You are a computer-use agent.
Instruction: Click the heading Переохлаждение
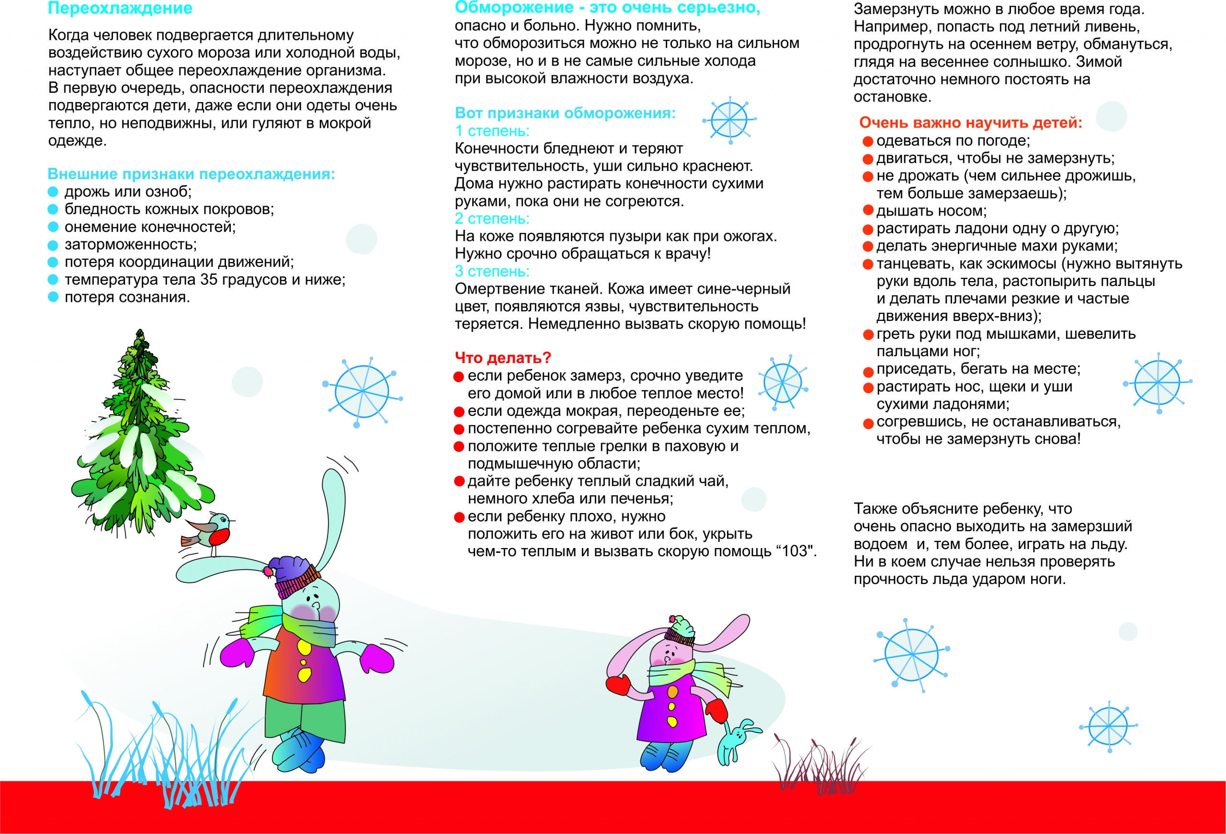click(x=120, y=9)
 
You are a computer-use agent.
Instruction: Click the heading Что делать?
click(x=502, y=358)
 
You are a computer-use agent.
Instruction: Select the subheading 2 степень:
click(x=492, y=218)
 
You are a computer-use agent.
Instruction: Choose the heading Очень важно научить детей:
click(x=970, y=123)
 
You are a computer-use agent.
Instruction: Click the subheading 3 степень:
click(x=492, y=271)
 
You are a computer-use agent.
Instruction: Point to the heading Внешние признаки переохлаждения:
click(x=191, y=174)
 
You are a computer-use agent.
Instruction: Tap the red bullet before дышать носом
click(x=868, y=210)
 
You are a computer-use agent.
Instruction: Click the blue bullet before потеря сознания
click(x=53, y=297)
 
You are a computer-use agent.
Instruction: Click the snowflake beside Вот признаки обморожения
click(x=729, y=120)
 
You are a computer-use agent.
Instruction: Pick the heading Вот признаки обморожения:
click(x=565, y=113)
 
